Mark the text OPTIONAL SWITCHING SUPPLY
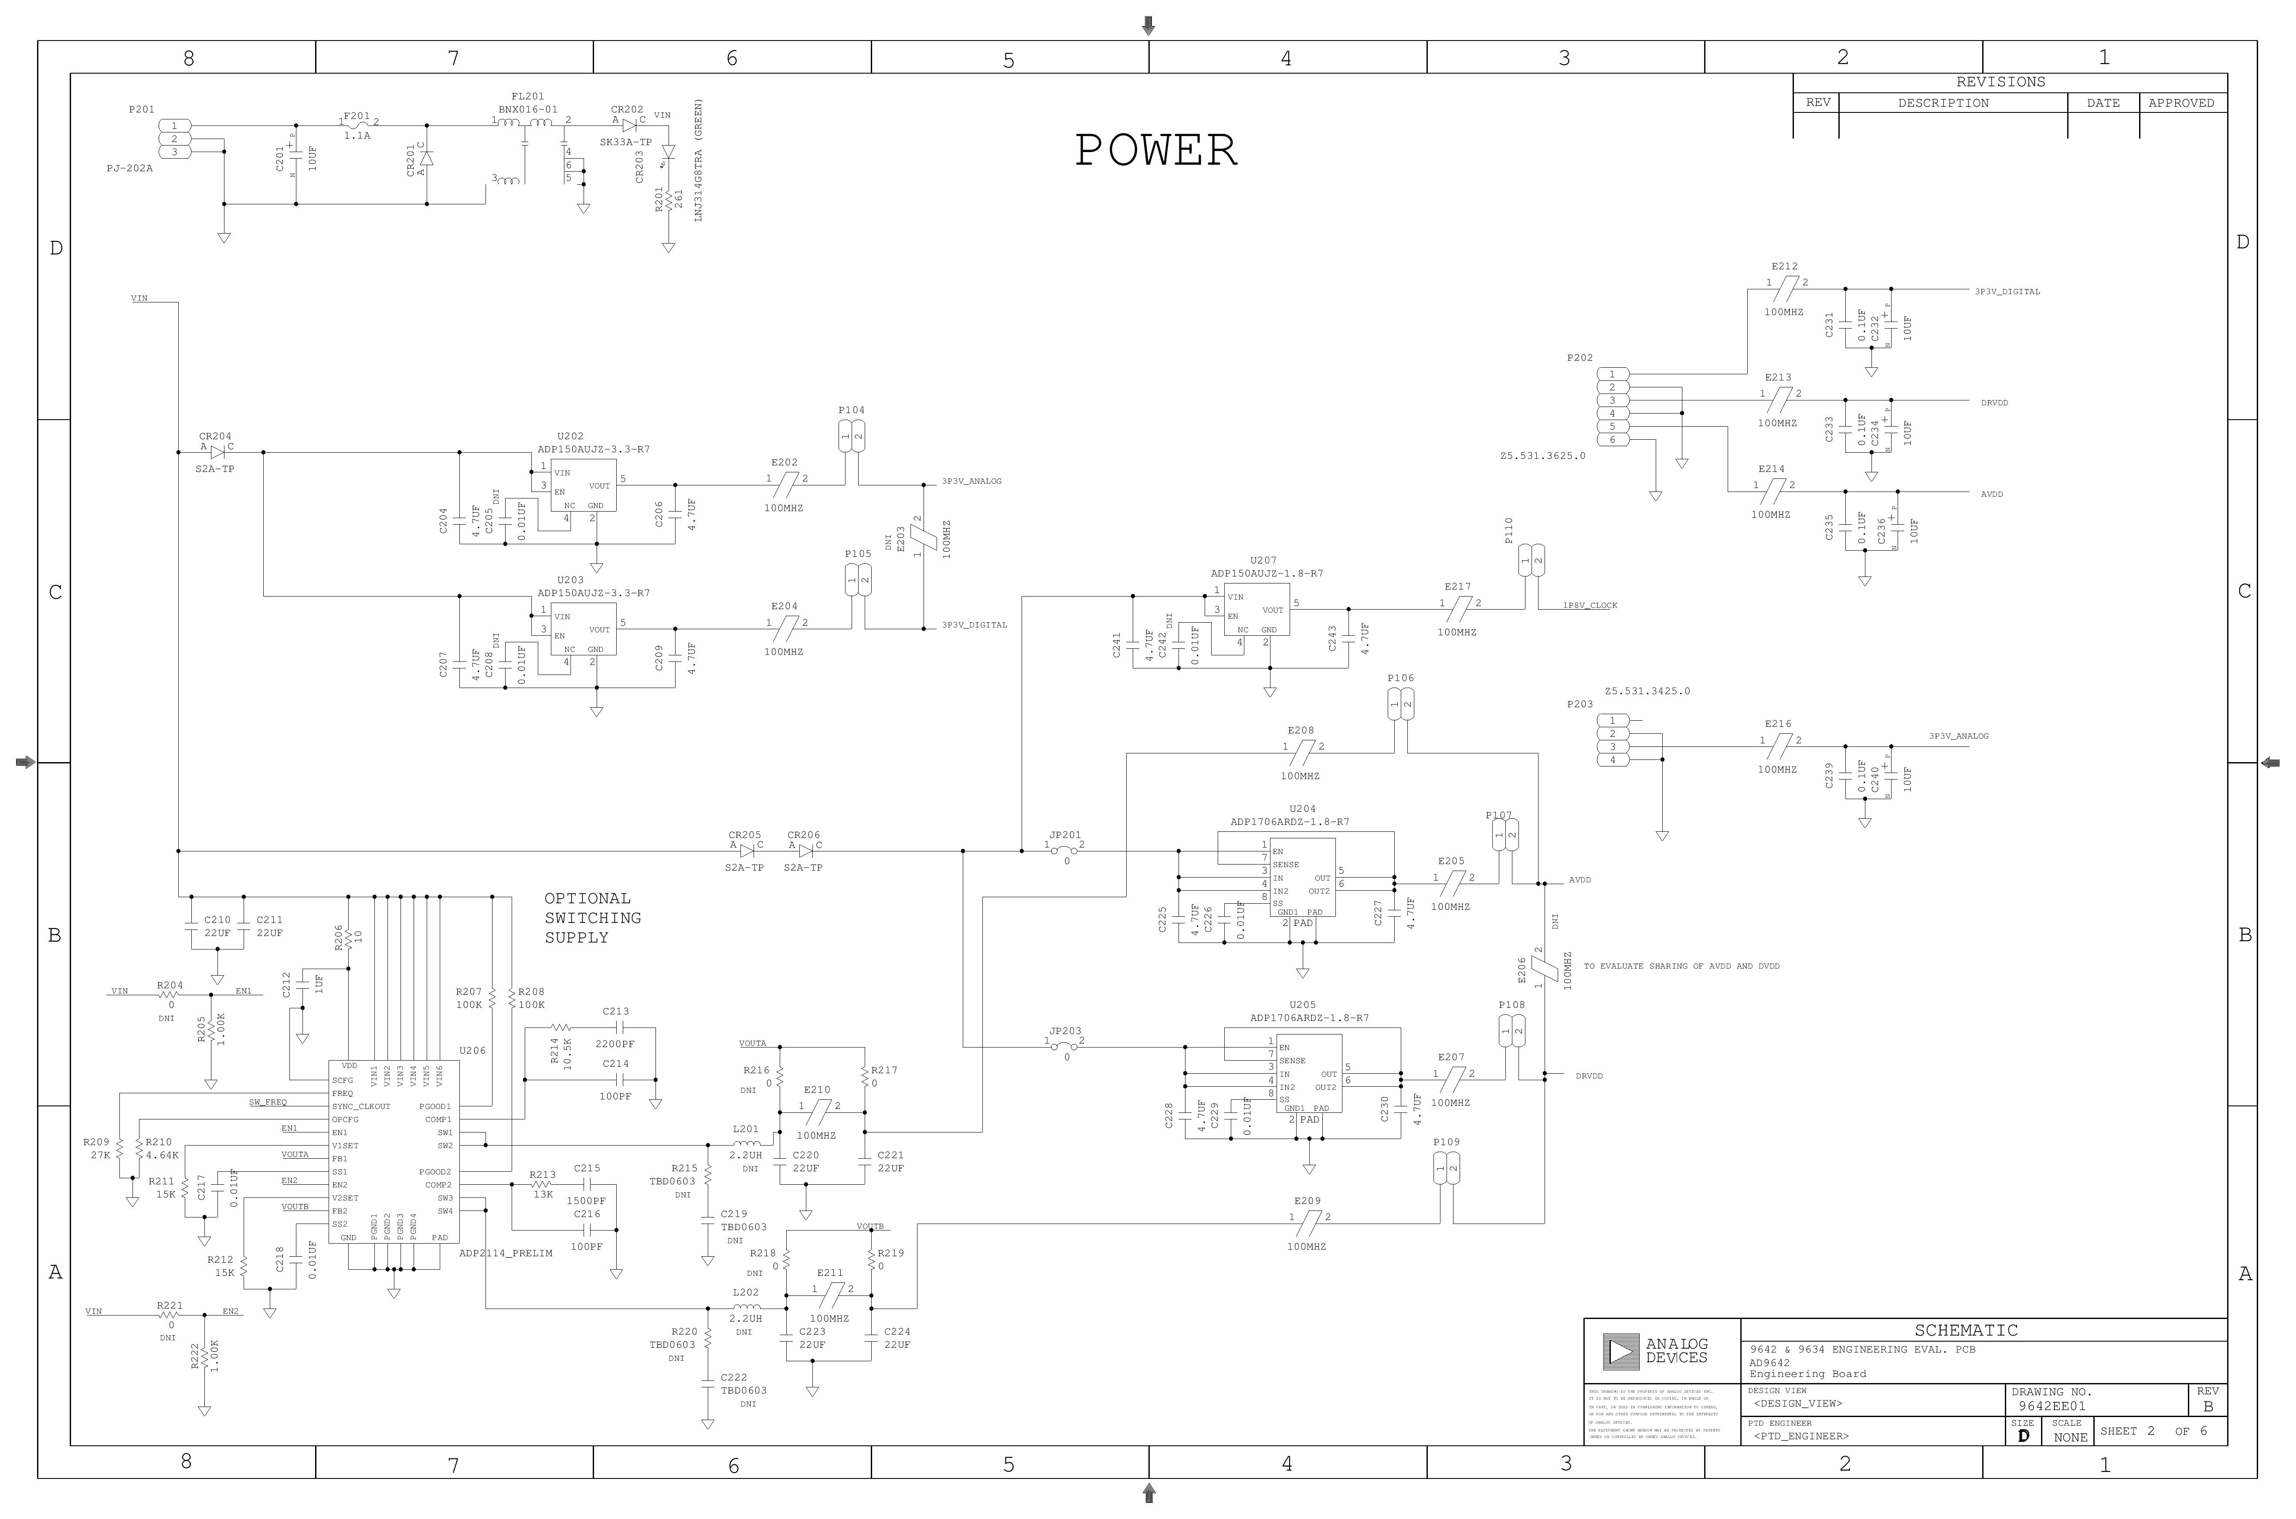point(592,917)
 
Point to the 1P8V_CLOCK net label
point(1590,606)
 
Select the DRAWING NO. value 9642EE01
point(2052,1406)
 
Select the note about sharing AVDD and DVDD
point(1681,966)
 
